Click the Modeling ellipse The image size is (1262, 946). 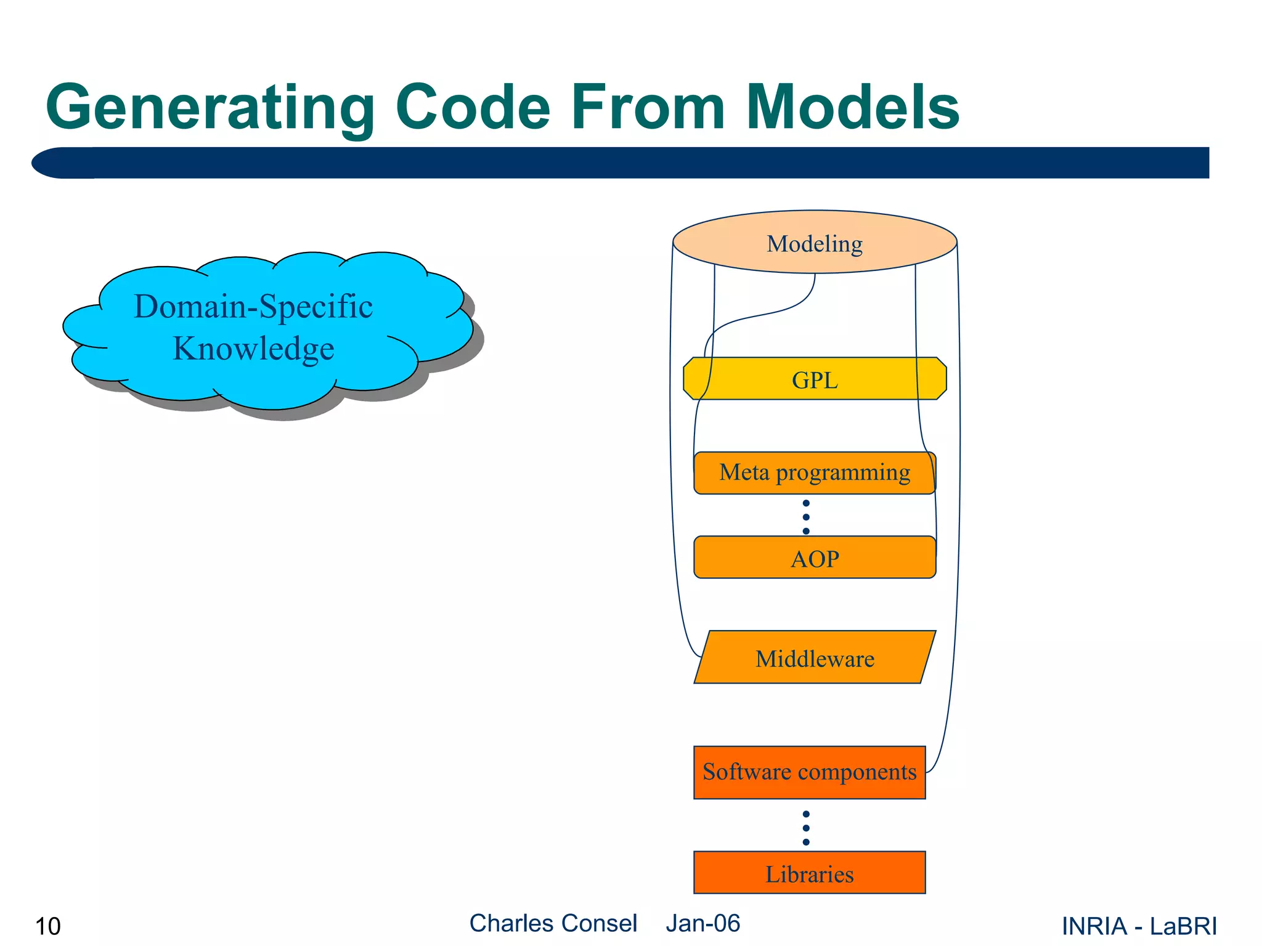pyautogui.click(x=814, y=243)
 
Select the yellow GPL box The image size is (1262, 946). pyautogui.click(x=814, y=379)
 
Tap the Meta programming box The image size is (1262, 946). pyautogui.click(x=814, y=473)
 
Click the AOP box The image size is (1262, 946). pyautogui.click(x=814, y=558)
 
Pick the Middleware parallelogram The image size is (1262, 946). pyautogui.click(x=814, y=658)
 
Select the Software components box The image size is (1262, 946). pyautogui.click(x=809, y=772)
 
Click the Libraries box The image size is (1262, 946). pyautogui.click(x=809, y=873)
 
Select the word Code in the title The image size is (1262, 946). pyautogui.click(x=472, y=108)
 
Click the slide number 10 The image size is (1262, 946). pyautogui.click(x=48, y=926)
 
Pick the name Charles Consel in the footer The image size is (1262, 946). pyautogui.click(x=553, y=923)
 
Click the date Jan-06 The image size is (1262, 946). pyautogui.click(x=702, y=923)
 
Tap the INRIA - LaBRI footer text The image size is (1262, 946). pyautogui.click(x=1139, y=926)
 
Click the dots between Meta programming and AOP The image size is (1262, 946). pyautogui.click(x=806, y=517)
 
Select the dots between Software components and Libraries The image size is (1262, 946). pyautogui.click(x=806, y=828)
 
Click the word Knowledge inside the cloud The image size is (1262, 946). pyautogui.click(x=253, y=349)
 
